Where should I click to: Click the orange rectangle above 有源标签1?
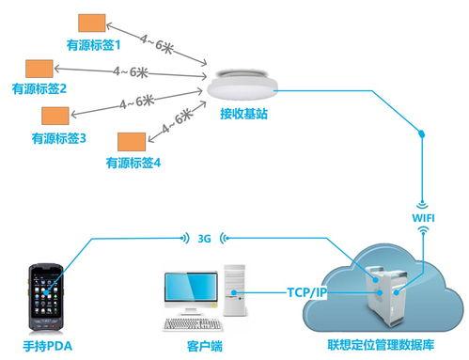pos(91,23)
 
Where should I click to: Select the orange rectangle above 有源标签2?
pos(39,69)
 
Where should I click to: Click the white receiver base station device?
pos(242,87)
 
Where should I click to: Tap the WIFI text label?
pos(425,218)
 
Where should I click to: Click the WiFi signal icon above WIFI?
pos(425,202)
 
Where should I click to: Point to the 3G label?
pos(204,238)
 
